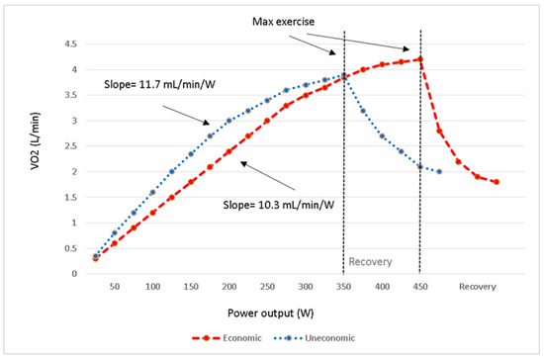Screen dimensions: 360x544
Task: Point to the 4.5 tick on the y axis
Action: click(69, 44)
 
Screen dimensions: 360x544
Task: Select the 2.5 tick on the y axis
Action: click(69, 146)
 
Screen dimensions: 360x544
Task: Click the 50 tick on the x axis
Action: click(114, 286)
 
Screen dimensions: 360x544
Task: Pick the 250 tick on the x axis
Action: click(267, 286)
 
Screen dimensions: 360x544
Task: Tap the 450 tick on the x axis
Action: click(420, 286)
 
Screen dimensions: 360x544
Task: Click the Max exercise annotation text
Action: click(282, 22)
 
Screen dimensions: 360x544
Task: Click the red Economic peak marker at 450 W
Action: click(420, 58)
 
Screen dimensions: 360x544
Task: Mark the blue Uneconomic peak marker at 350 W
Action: click(343, 75)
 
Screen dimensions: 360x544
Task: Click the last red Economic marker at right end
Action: click(497, 182)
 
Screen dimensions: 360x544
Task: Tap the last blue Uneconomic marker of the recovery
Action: click(439, 171)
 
